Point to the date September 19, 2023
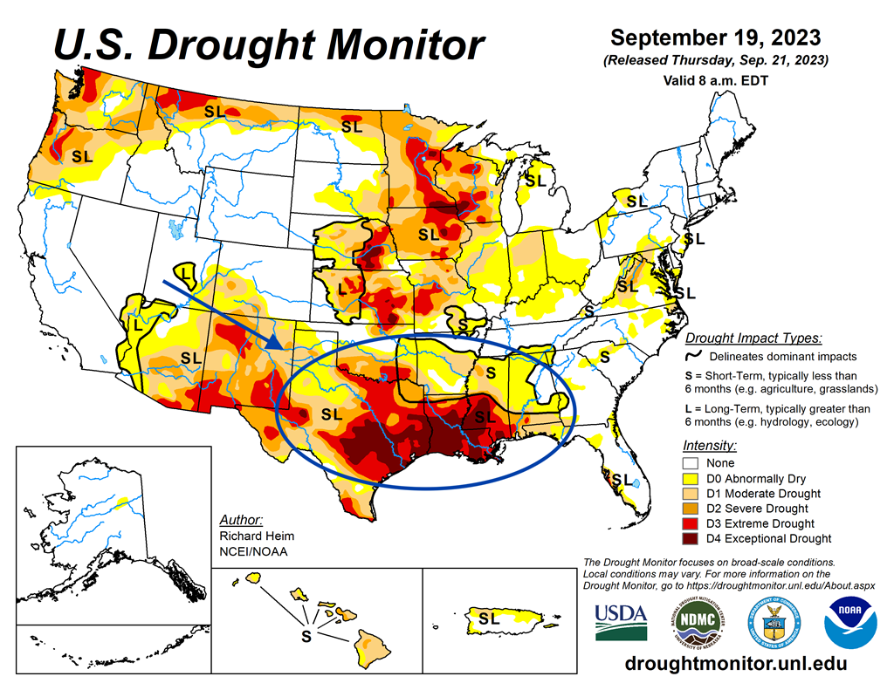[x=715, y=38]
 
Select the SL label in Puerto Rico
[x=490, y=618]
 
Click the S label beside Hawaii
[x=306, y=636]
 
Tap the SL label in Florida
[x=622, y=479]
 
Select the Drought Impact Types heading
[x=753, y=338]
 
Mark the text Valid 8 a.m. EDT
[x=715, y=80]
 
